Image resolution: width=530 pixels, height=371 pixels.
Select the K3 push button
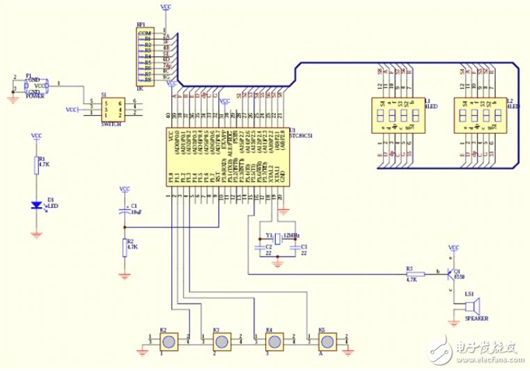[x=221, y=342]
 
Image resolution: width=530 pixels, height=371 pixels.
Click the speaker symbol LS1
[x=473, y=306]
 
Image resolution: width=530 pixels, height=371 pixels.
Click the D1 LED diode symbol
[x=36, y=205]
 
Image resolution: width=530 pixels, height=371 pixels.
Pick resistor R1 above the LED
[x=36, y=165]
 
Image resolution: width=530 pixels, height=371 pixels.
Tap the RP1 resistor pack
[x=145, y=56]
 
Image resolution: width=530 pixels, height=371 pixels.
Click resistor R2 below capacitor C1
[x=125, y=247]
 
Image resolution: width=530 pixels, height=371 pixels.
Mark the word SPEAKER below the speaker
[x=476, y=319]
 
